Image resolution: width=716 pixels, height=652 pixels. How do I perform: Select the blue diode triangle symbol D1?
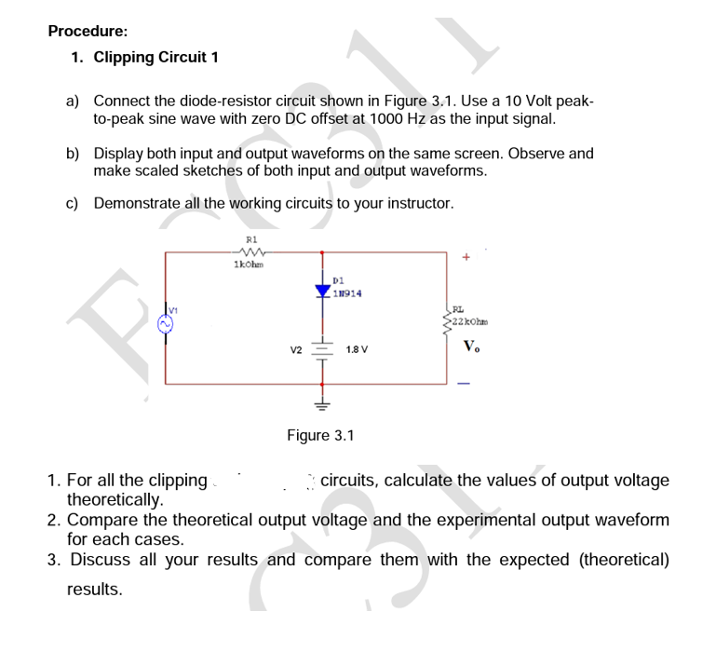[x=322, y=288]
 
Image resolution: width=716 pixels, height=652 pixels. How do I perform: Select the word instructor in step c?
[x=416, y=203]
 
